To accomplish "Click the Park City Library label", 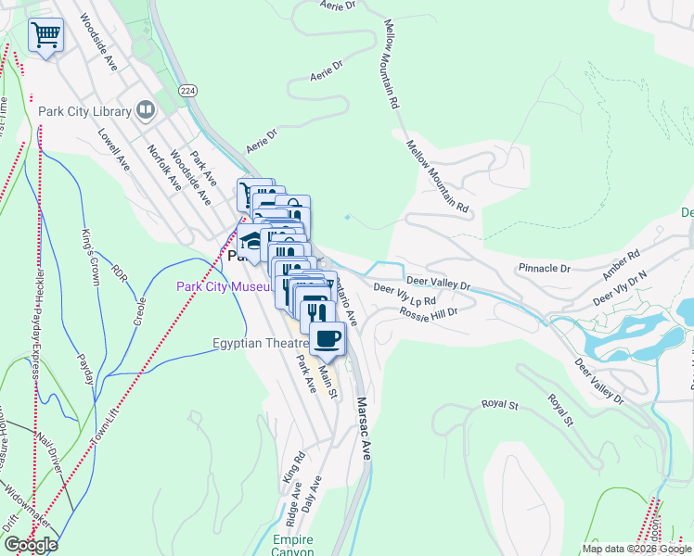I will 84,112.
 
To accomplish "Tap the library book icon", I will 146,111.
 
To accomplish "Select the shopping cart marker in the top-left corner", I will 45,36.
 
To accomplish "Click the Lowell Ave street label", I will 114,148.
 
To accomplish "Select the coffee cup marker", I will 327,339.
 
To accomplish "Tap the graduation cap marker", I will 251,242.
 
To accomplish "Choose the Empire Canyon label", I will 293,546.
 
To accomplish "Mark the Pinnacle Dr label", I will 545,268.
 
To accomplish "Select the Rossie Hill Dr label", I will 430,312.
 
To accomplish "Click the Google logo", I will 31,544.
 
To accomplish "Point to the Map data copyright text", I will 636,549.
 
